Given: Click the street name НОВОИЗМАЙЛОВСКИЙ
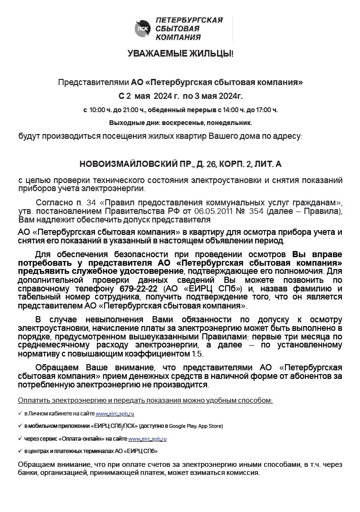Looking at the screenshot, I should click(122, 164).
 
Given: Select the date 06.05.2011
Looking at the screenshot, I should click(224, 212).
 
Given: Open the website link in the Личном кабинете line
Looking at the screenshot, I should click(115, 414).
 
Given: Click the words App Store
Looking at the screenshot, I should click(210, 426).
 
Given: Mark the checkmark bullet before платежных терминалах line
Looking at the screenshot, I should click(20, 451).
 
